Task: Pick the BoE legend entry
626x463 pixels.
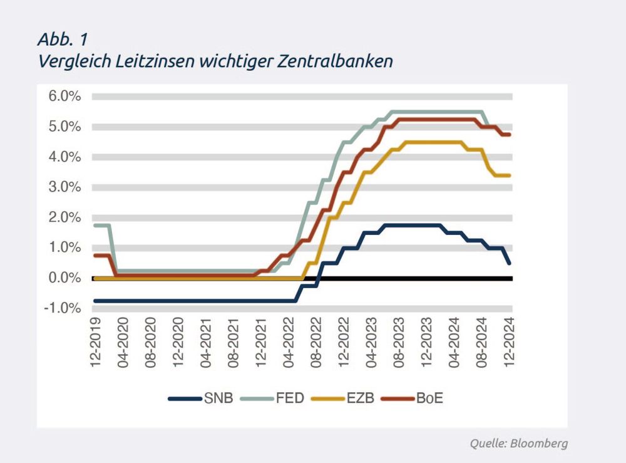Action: pyautogui.click(x=430, y=398)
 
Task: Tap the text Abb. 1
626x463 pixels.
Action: pyautogui.click(x=63, y=39)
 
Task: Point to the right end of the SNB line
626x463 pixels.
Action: pyautogui.click(x=510, y=263)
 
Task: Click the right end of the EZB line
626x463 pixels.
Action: pyautogui.click(x=510, y=175)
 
